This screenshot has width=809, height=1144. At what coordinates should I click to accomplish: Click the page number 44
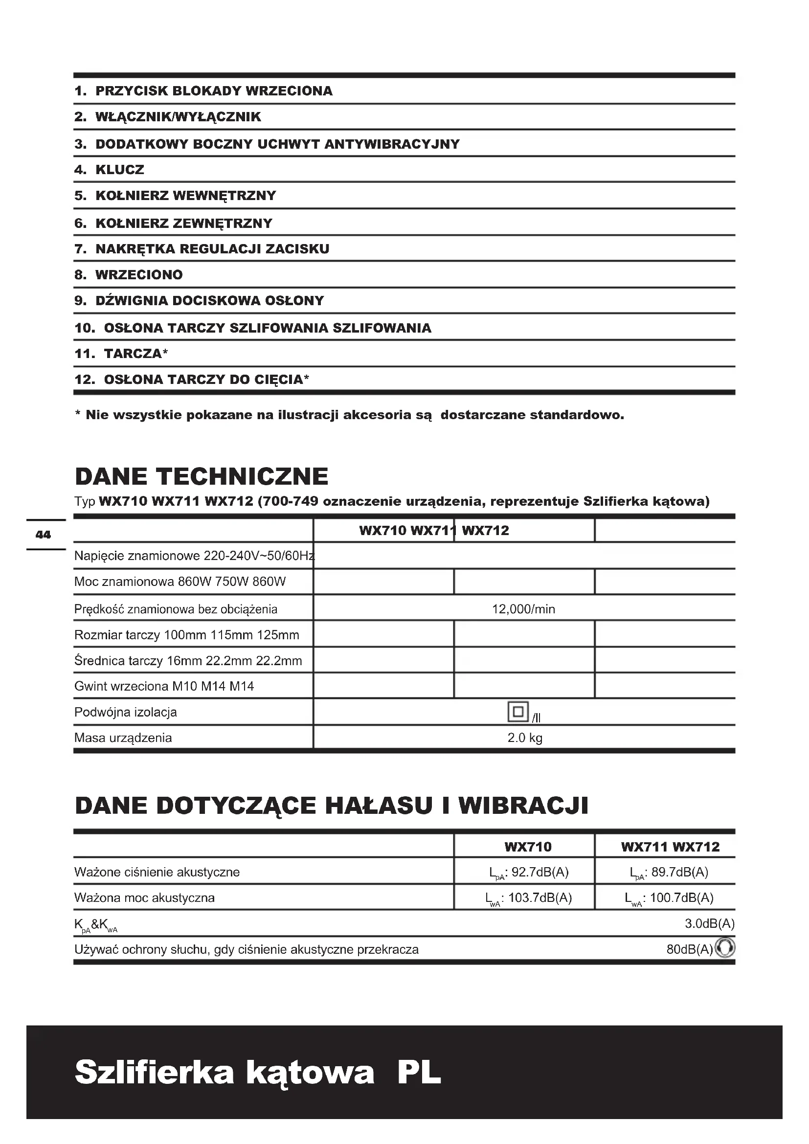click(44, 535)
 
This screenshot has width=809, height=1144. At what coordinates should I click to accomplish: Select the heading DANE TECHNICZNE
click(201, 476)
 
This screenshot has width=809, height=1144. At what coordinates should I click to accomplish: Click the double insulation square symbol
click(517, 712)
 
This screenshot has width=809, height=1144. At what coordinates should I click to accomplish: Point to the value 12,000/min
click(523, 609)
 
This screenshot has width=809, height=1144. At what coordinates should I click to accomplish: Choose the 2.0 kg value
click(524, 738)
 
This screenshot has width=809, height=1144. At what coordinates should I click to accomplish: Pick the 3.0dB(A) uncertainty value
click(709, 923)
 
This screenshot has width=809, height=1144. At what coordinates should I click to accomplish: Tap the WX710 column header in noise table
click(528, 847)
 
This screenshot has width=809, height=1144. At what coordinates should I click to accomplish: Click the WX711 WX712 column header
click(670, 847)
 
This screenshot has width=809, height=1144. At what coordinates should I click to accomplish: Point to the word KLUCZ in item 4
click(119, 170)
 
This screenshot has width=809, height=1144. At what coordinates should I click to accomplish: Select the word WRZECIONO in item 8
click(139, 274)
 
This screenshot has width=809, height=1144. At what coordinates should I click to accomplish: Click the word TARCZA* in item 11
click(136, 354)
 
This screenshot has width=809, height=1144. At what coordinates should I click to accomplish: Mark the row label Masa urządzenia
click(123, 738)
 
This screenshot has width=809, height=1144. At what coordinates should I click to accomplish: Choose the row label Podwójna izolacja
click(126, 712)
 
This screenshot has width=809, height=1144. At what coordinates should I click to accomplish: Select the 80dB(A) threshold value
click(690, 949)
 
